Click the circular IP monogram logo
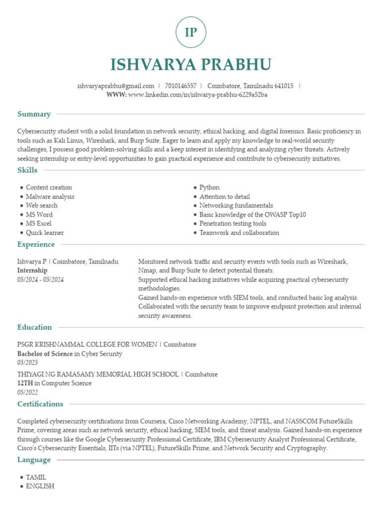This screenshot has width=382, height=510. point(191,32)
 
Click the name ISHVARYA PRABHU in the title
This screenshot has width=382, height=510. point(191,65)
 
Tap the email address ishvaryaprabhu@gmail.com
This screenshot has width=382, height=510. point(116,86)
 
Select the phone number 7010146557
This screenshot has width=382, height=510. point(181,86)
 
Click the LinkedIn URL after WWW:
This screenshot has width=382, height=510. point(198,95)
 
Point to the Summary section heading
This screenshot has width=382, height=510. point(34,114)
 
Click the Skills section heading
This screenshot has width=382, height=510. point(27,170)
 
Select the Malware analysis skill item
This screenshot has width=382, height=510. point(50,197)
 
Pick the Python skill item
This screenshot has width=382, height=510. point(209,188)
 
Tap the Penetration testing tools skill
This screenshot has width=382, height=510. point(233,224)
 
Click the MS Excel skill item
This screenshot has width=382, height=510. point(38,224)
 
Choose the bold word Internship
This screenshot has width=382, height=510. point(32,270)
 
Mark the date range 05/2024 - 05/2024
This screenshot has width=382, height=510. point(40,279)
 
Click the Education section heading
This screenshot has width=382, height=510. point(34,327)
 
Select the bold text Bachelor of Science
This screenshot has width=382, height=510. point(45,354)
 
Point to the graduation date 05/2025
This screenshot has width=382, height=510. point(27,363)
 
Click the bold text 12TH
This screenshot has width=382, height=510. point(25,383)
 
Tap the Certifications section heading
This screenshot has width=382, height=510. point(40,404)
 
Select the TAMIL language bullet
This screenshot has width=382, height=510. point(36,477)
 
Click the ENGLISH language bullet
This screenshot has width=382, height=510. point(40,486)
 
